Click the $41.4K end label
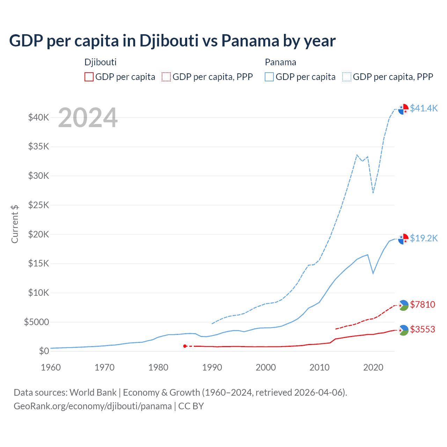(x=424, y=108)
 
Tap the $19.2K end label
(x=424, y=238)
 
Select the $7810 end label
(x=423, y=305)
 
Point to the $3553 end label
(x=423, y=329)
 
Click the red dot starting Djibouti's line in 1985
(x=185, y=346)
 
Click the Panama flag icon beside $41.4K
(x=403, y=109)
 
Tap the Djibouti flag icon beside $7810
(x=403, y=305)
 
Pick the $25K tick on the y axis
(x=38, y=205)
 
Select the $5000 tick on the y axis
(x=36, y=322)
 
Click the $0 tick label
(x=44, y=351)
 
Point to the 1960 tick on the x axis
(x=51, y=367)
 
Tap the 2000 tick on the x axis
(x=266, y=367)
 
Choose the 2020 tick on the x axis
(x=373, y=367)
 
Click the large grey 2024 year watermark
(x=88, y=118)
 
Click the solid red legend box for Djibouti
(x=89, y=77)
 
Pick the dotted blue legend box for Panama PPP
(x=347, y=77)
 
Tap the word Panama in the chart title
(x=250, y=41)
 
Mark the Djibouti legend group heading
(x=101, y=62)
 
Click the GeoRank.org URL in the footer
(x=93, y=406)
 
